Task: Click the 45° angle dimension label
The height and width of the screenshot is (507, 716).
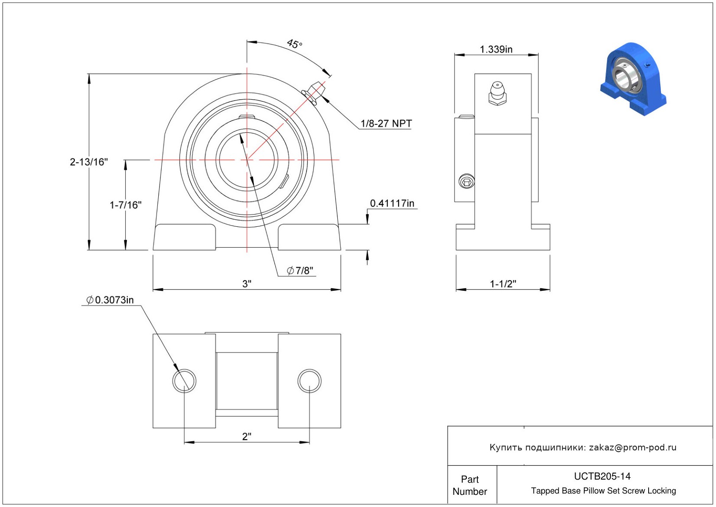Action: click(294, 44)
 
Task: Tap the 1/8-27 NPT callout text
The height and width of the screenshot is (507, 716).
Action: click(386, 124)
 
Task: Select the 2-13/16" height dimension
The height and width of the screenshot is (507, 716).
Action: click(89, 162)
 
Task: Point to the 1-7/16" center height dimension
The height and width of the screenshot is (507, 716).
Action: click(125, 205)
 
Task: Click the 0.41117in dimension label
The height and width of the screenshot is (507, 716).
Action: click(392, 203)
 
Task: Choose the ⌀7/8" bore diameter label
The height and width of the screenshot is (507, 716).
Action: click(300, 271)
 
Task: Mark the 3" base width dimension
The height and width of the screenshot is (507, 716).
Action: click(247, 284)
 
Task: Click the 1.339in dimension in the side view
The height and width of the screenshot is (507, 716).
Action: click(496, 49)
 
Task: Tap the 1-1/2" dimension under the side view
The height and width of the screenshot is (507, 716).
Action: click(503, 284)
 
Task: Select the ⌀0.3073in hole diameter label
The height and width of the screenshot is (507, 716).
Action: click(110, 300)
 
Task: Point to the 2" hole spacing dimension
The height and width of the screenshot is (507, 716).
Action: click(247, 436)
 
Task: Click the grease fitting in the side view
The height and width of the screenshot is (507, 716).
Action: click(497, 93)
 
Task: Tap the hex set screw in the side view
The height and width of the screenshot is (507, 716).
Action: click(466, 182)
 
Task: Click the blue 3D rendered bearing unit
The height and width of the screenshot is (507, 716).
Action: click(633, 79)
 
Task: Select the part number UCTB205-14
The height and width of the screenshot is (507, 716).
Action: click(602, 477)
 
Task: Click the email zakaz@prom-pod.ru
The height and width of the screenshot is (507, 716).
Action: click(633, 447)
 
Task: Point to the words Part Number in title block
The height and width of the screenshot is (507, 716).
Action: click(470, 485)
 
